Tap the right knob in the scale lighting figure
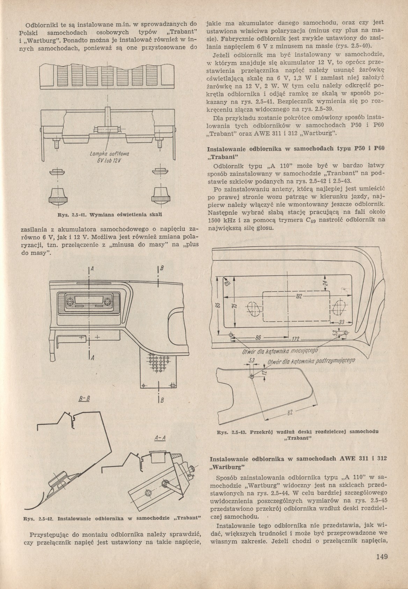tap(161, 195)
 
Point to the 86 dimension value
tap(258, 338)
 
